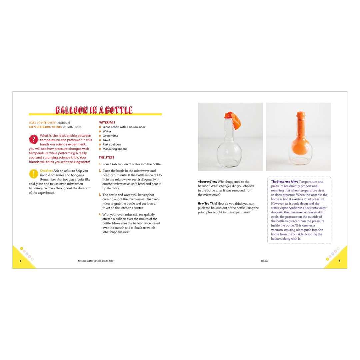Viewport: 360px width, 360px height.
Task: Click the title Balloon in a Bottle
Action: (94, 110)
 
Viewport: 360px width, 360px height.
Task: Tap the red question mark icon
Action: (33, 140)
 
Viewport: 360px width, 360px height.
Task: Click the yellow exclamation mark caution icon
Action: (33, 174)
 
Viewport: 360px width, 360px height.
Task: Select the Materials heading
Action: (107, 122)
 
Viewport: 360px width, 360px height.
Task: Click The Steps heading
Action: (106, 157)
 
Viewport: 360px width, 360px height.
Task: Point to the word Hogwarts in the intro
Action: (81, 162)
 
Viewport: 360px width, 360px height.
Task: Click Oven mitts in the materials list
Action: (110, 136)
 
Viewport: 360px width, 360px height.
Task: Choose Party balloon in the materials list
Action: (112, 145)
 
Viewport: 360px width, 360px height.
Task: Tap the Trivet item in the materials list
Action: (106, 140)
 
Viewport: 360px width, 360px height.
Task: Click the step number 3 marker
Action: (100, 195)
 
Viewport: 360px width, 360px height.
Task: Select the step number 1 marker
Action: (99, 164)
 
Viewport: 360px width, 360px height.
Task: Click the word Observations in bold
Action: (207, 182)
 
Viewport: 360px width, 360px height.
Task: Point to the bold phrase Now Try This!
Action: (207, 204)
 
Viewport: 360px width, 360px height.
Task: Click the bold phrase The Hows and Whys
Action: (284, 182)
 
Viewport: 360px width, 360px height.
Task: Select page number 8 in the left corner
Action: (21, 261)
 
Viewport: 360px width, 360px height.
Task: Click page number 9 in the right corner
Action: (339, 261)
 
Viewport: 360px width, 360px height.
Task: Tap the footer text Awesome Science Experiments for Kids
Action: (95, 261)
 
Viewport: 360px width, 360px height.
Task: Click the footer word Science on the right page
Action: (264, 261)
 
